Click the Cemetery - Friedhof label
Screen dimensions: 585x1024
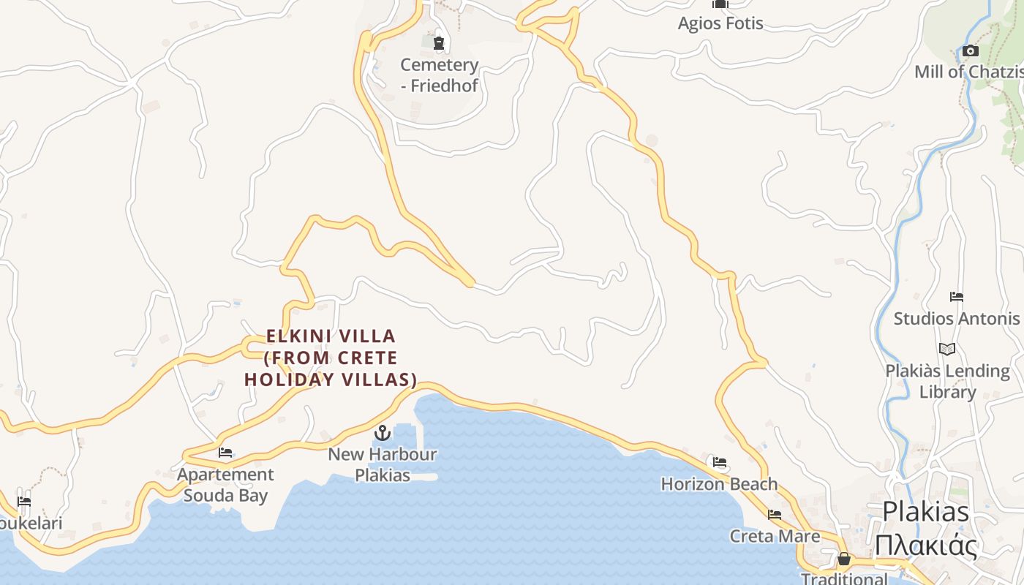coord(439,75)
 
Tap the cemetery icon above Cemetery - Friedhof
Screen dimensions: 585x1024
coord(439,43)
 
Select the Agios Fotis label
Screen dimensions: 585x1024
coord(720,23)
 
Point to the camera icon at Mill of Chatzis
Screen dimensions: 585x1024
coord(971,51)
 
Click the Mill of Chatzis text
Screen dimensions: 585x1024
coord(968,72)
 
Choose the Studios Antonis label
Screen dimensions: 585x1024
coord(956,319)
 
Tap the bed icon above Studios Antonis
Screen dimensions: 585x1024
coord(956,297)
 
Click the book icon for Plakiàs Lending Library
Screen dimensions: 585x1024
coord(947,349)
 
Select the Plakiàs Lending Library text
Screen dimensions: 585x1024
coord(947,381)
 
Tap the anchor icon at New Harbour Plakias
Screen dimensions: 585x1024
coord(382,433)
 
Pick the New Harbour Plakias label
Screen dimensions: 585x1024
coord(382,464)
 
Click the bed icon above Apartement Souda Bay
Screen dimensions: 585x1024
coord(225,453)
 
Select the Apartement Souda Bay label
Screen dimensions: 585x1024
coord(225,485)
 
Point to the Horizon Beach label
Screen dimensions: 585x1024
coord(719,484)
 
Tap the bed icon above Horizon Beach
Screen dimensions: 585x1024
coord(720,462)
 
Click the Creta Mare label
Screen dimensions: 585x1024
coord(775,536)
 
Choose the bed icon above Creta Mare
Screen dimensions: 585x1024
coord(775,515)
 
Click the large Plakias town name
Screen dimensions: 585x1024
coord(925,512)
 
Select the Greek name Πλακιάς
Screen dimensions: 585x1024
coord(925,546)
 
